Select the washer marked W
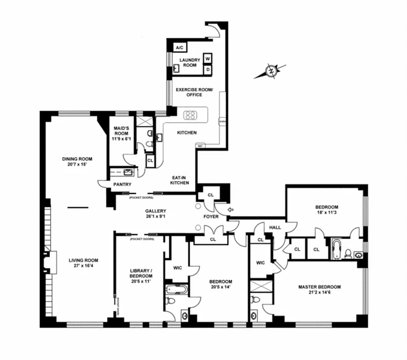(208, 58)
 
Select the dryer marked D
(208, 70)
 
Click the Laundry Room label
(190, 63)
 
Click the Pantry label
(122, 184)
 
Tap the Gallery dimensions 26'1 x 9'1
(156, 217)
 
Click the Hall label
(275, 227)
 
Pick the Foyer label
(211, 216)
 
